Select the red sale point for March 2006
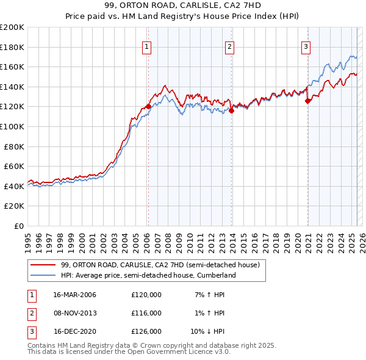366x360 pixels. pyautogui.click(x=148, y=106)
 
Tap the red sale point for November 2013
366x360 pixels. pyautogui.click(x=232, y=110)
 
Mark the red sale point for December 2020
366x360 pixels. pyautogui.click(x=308, y=101)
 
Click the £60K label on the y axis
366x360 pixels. pyautogui.click(x=15, y=166)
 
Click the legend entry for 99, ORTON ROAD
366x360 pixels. pyautogui.click(x=160, y=265)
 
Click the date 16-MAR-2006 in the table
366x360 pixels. pyautogui.click(x=75, y=295)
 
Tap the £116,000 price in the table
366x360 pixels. pyautogui.click(x=146, y=313)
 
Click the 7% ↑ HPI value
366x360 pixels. pyautogui.click(x=210, y=295)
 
